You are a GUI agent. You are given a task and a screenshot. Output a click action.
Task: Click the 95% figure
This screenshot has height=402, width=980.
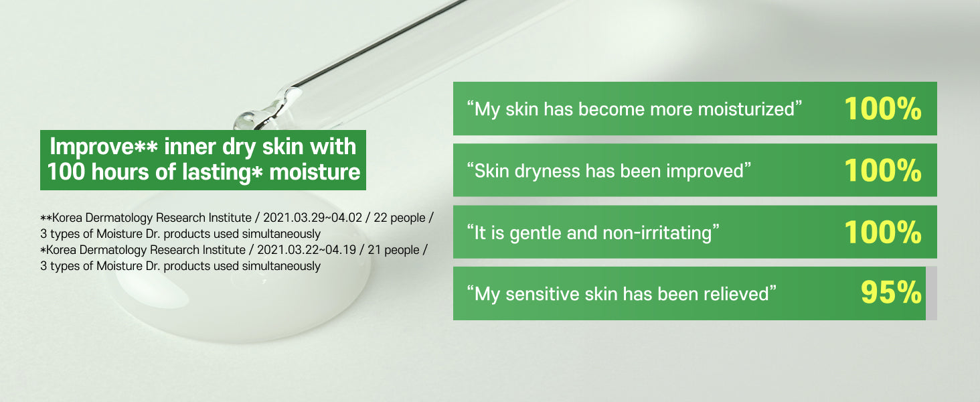pos(891,293)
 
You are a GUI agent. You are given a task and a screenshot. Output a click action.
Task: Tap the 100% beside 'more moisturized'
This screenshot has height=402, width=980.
pos(882,109)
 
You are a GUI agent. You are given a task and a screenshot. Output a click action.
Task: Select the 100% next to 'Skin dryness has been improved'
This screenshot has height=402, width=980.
pos(882,170)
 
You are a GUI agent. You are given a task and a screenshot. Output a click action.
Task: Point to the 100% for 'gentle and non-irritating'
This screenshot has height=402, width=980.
pos(882,232)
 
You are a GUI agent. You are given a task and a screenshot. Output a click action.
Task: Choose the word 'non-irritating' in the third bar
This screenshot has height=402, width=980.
pos(657,233)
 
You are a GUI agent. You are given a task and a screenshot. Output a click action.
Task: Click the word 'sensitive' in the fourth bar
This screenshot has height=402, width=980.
pos(542,294)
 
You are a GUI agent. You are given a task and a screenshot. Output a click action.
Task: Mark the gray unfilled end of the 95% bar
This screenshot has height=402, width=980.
pos(931,293)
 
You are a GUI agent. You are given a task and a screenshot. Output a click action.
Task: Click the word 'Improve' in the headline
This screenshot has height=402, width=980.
pos(91,147)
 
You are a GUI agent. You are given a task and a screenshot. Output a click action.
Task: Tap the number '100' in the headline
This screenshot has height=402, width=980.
pos(66,172)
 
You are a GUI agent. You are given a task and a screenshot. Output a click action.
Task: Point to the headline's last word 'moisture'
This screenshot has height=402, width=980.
pos(315,172)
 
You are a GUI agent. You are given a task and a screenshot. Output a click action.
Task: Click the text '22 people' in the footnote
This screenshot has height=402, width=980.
pos(400,218)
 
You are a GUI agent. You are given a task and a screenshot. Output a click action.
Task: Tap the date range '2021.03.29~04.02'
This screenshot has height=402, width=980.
pos(313,218)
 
